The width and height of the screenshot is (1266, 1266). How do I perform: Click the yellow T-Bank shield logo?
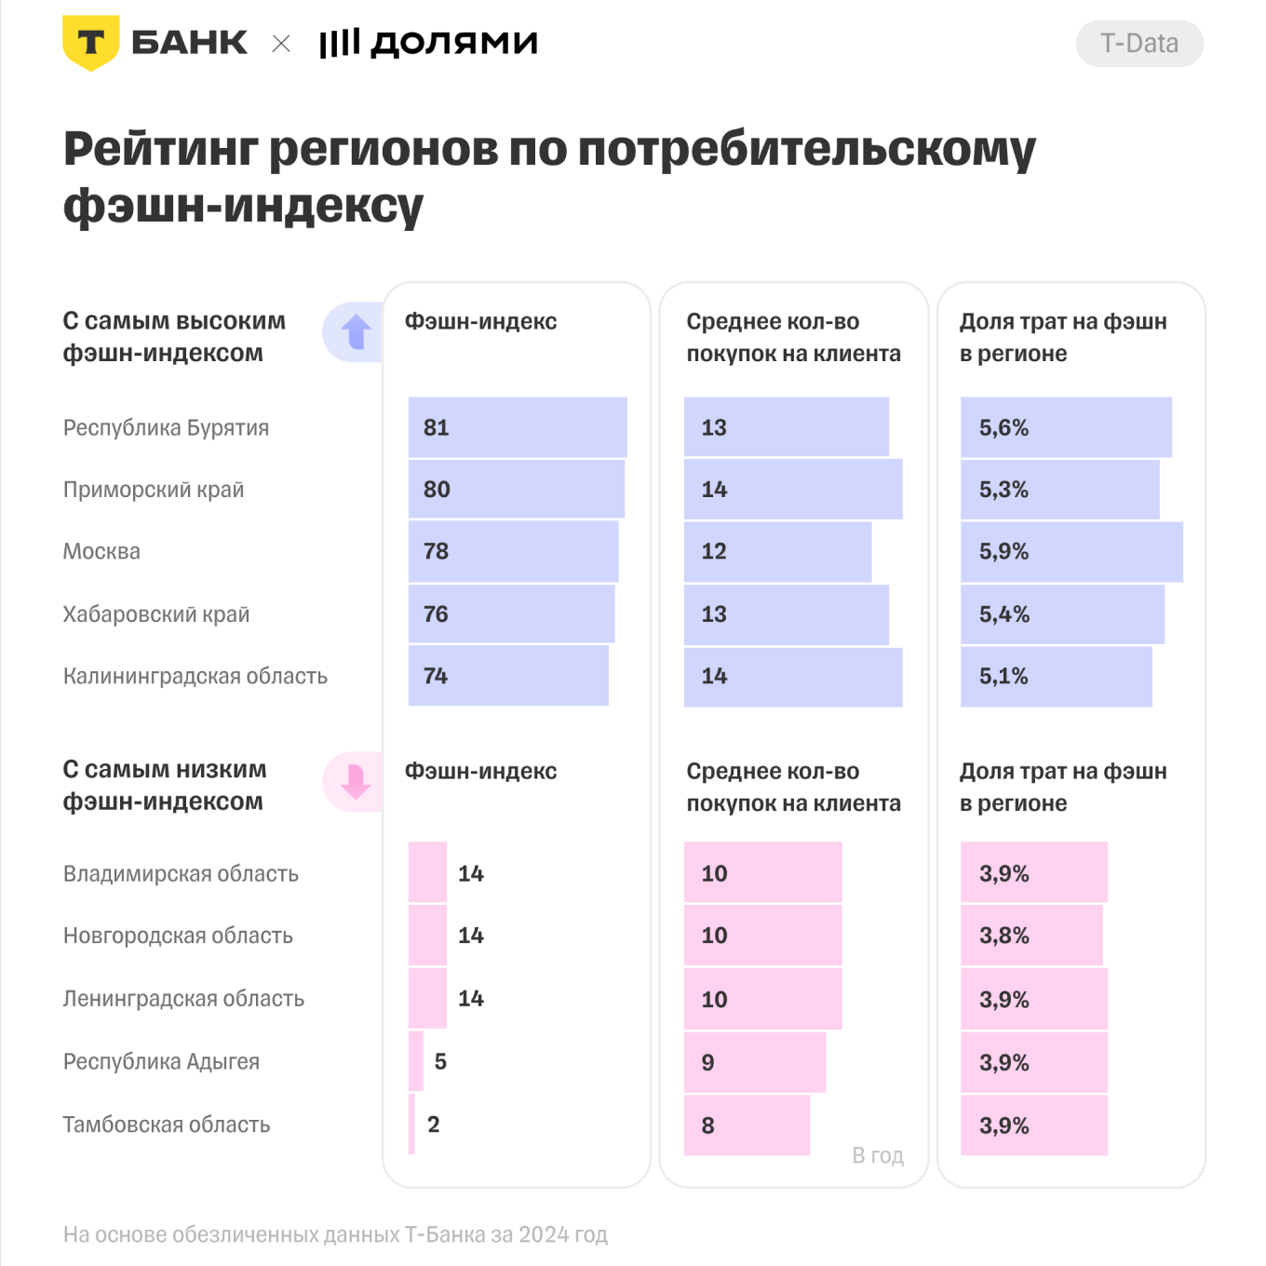[90, 43]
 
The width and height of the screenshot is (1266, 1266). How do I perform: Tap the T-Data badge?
[1138, 44]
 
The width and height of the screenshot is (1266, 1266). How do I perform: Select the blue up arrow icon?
[356, 332]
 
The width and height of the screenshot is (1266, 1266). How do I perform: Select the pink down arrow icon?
[356, 782]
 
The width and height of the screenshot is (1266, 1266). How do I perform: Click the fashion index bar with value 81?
[518, 427]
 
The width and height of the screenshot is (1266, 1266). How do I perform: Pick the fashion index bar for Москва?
[513, 551]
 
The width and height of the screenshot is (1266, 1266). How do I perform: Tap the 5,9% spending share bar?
[1071, 552]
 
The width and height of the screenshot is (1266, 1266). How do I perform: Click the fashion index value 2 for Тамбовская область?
[434, 1125]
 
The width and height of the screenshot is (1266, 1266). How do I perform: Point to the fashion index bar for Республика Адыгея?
[416, 1061]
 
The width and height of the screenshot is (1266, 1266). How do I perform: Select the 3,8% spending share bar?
[1031, 936]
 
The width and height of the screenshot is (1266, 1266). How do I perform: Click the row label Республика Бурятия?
[166, 428]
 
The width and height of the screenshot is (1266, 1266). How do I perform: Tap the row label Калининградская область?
[195, 677]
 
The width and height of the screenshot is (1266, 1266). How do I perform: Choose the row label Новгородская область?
[178, 936]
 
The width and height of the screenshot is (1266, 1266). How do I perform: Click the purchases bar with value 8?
[747, 1125]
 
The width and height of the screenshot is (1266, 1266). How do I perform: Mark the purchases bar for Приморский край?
[793, 490]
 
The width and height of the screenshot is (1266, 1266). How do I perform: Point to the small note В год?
[877, 1155]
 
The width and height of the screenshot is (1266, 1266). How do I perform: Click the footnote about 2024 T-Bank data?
[335, 1235]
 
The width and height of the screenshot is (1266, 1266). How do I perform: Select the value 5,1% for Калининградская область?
[1003, 677]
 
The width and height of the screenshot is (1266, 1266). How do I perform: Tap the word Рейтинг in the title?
[159, 149]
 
